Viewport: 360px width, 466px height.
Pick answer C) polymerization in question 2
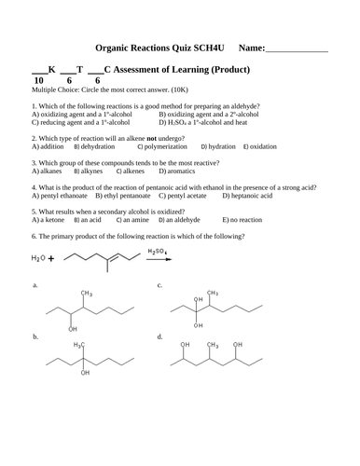point(165,146)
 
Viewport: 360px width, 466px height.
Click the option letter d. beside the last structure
point(160,336)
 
